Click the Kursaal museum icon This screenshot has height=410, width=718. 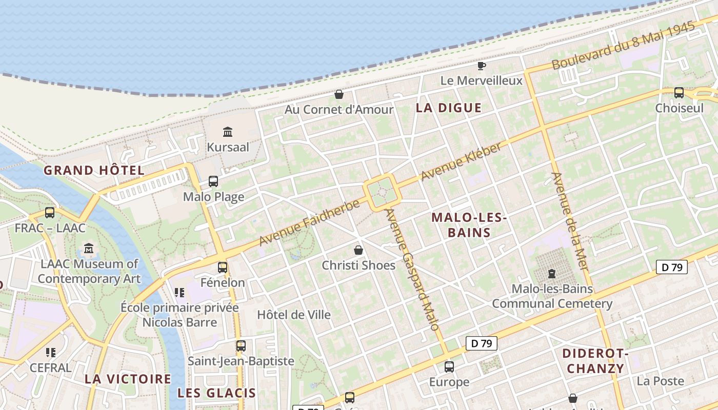click(228, 132)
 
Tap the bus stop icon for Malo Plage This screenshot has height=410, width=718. click(213, 181)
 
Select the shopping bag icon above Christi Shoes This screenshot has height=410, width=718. click(358, 250)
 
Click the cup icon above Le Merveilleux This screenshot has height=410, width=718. click(481, 66)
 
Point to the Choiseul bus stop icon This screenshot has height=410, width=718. click(679, 93)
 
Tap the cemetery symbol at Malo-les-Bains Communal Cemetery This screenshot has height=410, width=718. click(552, 274)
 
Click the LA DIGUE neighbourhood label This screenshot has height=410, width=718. click(449, 108)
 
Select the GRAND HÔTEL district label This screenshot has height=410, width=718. click(94, 170)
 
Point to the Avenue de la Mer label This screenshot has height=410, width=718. click(570, 222)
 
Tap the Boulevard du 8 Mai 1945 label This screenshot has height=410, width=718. click(623, 46)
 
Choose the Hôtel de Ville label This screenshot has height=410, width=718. click(294, 315)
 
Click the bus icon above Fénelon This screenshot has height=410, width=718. click(223, 267)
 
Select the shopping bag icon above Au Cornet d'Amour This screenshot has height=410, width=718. click(338, 94)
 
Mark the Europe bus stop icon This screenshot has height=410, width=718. click(449, 366)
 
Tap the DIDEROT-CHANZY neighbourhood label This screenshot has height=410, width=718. click(595, 361)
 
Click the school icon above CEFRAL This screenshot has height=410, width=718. click(50, 352)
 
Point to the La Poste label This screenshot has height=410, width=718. click(661, 381)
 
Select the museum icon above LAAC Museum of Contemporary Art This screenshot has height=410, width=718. click(89, 249)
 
